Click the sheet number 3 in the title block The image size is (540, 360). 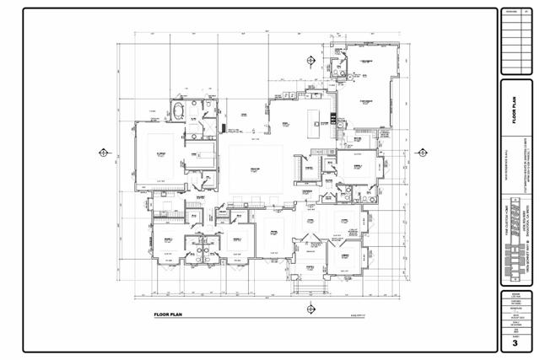514,344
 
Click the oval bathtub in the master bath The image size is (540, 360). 179,110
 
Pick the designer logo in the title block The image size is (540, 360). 514,253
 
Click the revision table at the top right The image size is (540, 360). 514,40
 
